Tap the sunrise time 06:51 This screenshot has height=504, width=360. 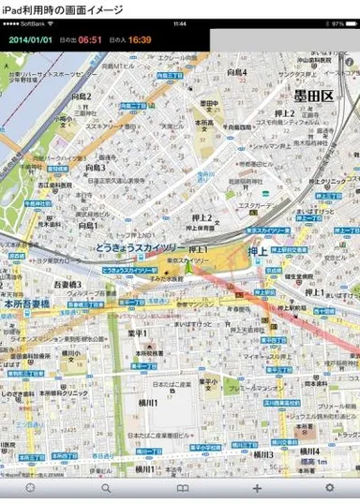(x=90, y=39)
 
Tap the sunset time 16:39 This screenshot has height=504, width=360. (x=140, y=39)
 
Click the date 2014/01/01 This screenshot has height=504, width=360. (x=32, y=39)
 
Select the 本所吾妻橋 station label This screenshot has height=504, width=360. (x=34, y=304)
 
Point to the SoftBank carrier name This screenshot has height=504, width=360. (x=34, y=22)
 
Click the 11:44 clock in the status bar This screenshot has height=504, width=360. (x=180, y=22)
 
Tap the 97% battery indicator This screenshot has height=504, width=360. (x=338, y=22)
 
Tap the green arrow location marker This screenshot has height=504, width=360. (x=187, y=269)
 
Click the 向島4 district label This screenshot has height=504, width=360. (x=235, y=72)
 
